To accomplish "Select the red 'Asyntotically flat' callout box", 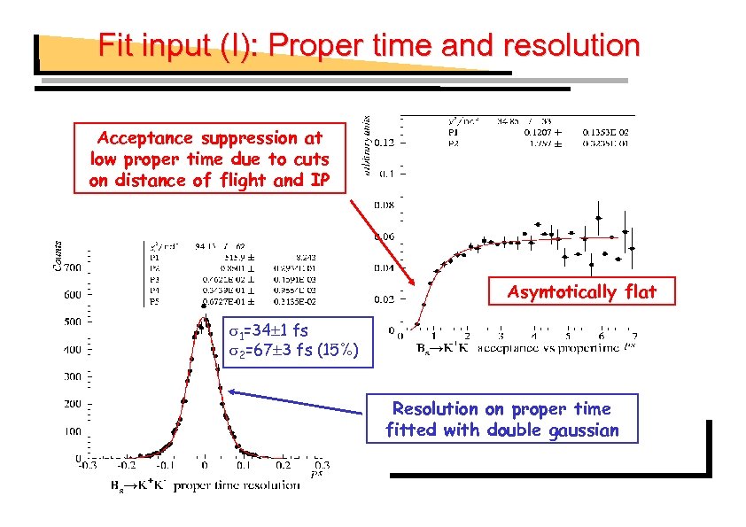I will [x=581, y=292].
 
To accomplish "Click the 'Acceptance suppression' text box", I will [x=209, y=159].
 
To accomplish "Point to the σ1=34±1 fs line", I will [x=267, y=330].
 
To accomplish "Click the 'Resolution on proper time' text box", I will [x=501, y=419].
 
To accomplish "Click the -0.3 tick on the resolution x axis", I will [x=86, y=464].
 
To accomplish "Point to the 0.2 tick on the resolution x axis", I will [x=283, y=464].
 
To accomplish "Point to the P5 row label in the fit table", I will [x=155, y=301].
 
